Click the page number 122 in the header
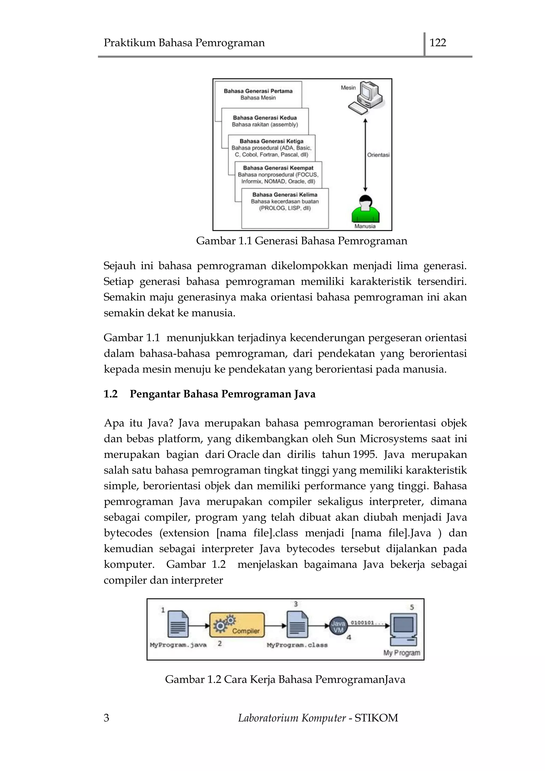(x=437, y=43)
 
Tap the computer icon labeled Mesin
(x=366, y=97)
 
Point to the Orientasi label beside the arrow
(x=378, y=155)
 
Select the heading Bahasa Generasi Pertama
(x=258, y=91)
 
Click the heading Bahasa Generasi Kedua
(x=265, y=118)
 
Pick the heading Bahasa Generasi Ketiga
(x=271, y=141)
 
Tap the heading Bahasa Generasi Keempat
(x=278, y=168)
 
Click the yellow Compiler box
(x=237, y=625)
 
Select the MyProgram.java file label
(x=178, y=645)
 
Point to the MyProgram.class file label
(x=297, y=645)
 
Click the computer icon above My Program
(x=404, y=629)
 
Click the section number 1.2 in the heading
(x=110, y=394)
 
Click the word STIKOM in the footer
(x=376, y=718)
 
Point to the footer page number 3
(x=106, y=718)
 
